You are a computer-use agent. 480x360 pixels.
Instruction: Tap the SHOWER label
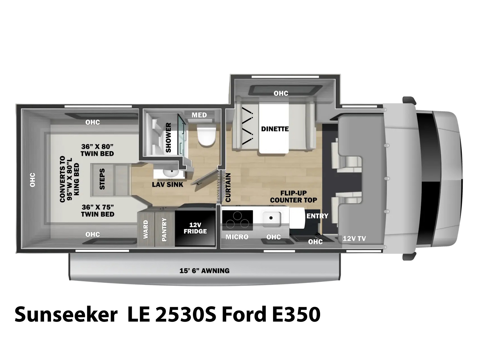[168, 137]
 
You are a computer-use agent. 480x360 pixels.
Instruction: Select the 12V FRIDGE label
[195, 228]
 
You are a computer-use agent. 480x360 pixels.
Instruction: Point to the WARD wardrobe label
[145, 229]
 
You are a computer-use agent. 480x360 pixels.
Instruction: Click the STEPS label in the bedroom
[102, 179]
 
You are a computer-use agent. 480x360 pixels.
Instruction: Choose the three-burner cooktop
[238, 220]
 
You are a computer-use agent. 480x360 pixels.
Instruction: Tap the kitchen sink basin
[271, 218]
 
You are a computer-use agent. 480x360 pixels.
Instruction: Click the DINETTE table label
[275, 129]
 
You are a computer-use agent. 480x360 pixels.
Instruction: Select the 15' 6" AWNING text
[205, 271]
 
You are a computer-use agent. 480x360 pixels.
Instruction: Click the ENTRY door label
[317, 216]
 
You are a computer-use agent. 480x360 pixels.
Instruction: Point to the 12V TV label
[354, 238]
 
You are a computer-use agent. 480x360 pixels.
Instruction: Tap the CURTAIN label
[228, 187]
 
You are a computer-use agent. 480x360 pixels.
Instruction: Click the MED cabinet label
[199, 115]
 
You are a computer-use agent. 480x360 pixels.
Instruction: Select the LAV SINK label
[167, 184]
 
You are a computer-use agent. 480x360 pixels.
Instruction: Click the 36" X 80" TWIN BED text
[97, 150]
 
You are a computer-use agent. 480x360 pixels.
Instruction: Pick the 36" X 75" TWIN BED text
[97, 211]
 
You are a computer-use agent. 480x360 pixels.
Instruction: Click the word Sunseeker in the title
[66, 314]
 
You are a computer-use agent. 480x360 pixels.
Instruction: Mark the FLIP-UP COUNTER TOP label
[293, 197]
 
